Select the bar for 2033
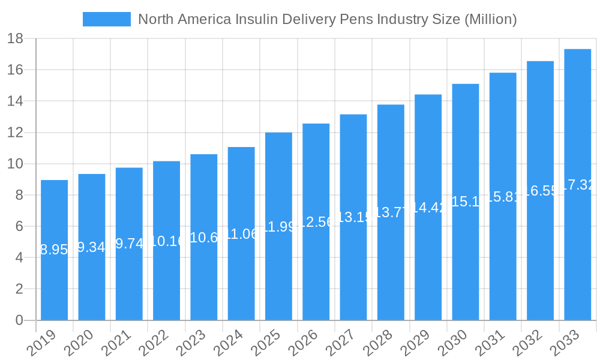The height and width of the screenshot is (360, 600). tap(577, 252)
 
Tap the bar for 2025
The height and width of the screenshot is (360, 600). tap(278, 270)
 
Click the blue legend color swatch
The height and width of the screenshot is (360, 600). tap(106, 19)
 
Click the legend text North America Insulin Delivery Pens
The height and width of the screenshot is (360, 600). tap(327, 19)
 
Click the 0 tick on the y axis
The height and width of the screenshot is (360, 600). tap(19, 320)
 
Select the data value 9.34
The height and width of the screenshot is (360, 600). tap(92, 247)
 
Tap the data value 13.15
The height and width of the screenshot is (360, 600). tap(353, 217)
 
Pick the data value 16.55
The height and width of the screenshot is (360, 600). tap(540, 191)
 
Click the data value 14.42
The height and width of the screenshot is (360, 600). tap(428, 208)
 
